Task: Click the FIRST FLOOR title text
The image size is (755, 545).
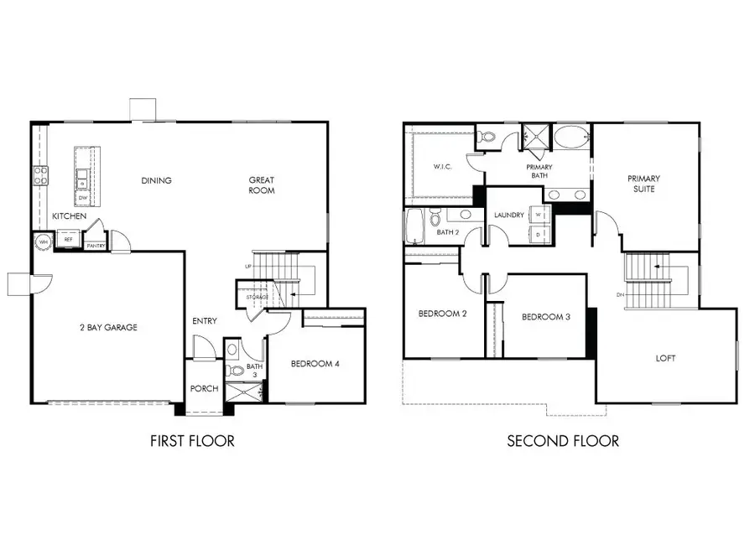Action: point(192,440)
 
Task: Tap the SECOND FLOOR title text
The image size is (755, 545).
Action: point(563,440)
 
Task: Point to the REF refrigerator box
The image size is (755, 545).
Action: point(69,240)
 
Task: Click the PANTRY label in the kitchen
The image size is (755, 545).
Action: point(96,246)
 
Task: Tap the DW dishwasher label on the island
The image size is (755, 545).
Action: point(81,198)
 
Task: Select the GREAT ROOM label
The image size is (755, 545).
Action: point(261,185)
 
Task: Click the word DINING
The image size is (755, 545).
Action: point(156,180)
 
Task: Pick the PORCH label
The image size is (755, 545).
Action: point(204,388)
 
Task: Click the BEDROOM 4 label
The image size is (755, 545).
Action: point(315,363)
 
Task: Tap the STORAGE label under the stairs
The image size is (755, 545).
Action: point(257,298)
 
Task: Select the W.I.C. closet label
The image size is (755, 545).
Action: point(443,166)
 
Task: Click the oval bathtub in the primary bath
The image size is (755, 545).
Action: point(572,138)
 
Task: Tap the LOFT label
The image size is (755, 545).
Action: point(666,358)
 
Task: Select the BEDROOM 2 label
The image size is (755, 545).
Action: point(442,314)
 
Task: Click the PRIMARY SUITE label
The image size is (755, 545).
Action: point(644,184)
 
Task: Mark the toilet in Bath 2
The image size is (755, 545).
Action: point(434,221)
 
